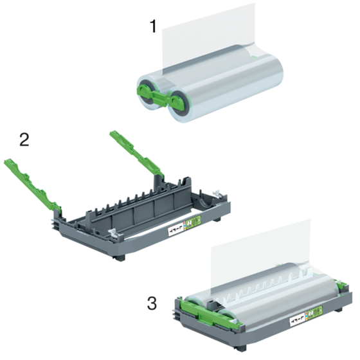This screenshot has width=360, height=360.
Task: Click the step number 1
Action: click(152, 27)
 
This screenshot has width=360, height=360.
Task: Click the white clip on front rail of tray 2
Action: click(113, 235)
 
